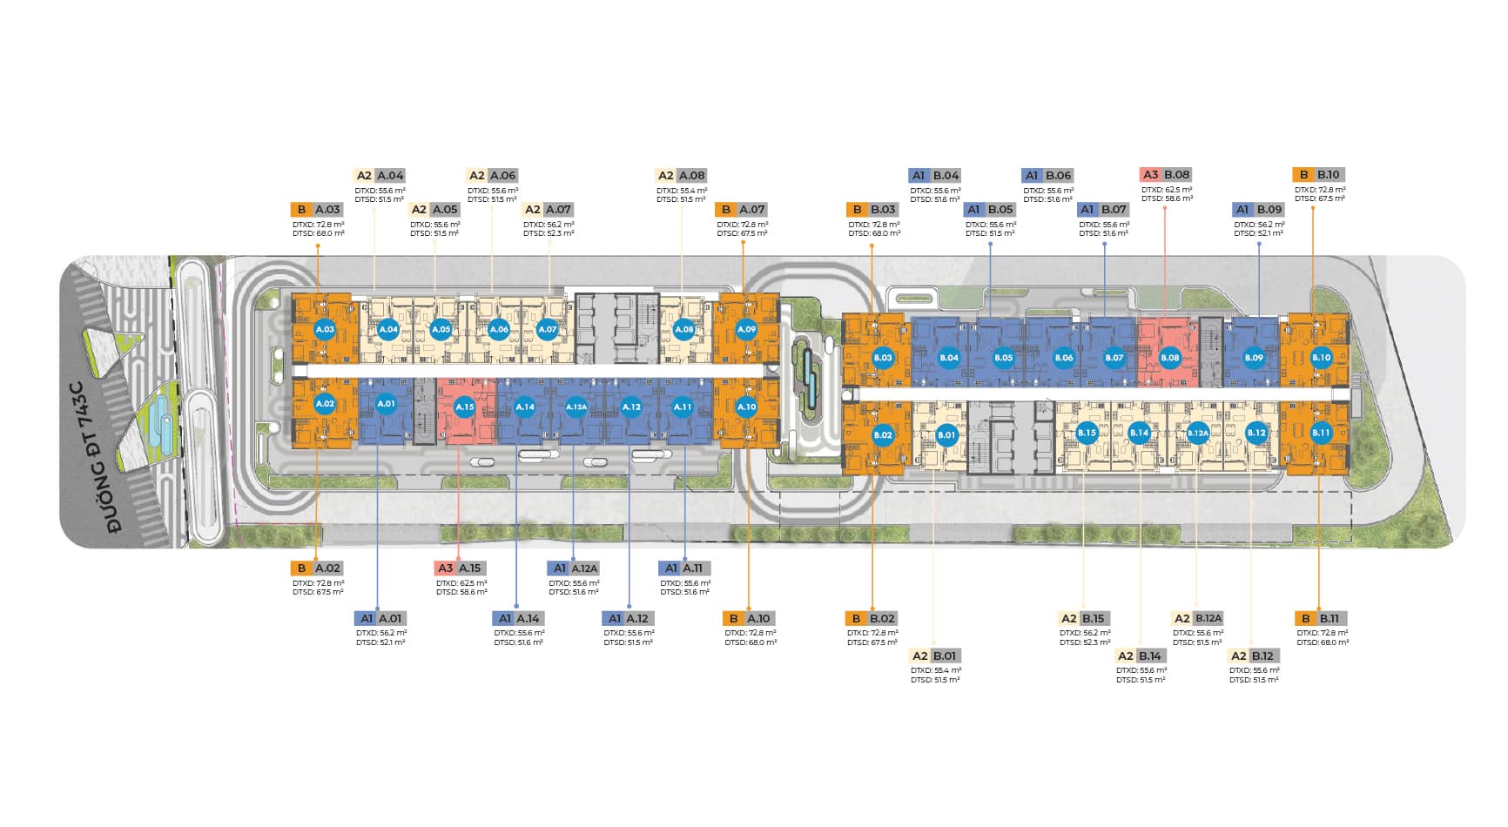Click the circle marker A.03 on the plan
tap(325, 329)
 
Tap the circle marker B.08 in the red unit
tap(1169, 357)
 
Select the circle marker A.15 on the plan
tap(464, 407)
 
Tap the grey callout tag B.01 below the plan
tap(946, 656)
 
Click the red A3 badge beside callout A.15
tap(445, 568)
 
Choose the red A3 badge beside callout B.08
tap(1149, 175)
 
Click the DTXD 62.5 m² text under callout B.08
tap(1167, 189)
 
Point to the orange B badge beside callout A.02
tap(300, 568)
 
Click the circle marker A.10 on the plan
tap(746, 407)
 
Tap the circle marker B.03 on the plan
tap(882, 357)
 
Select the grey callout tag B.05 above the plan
tap(1001, 210)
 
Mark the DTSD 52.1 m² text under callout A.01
tap(380, 642)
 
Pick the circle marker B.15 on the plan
tap(1086, 433)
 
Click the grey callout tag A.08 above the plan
tap(692, 175)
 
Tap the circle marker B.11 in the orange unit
tap(1321, 433)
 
